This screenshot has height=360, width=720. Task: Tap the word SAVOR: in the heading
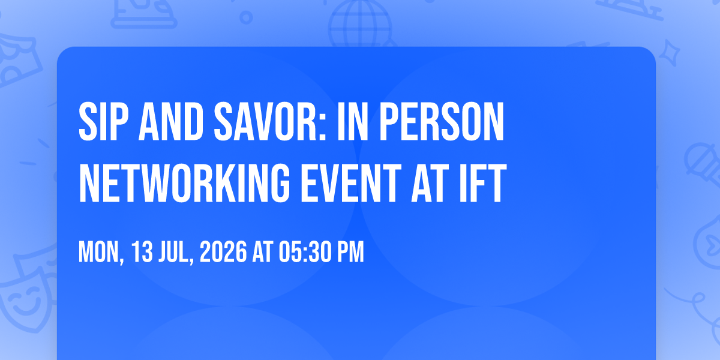click(x=269, y=122)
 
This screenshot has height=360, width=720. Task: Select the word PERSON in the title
click(x=442, y=122)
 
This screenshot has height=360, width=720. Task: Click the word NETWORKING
click(x=185, y=183)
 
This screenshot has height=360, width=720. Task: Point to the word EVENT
click(x=350, y=183)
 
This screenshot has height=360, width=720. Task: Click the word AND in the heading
click(x=170, y=122)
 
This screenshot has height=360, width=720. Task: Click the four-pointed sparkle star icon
click(x=670, y=53)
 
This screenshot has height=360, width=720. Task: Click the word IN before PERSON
click(x=353, y=122)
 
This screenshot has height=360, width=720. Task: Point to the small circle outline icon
click(x=246, y=17)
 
